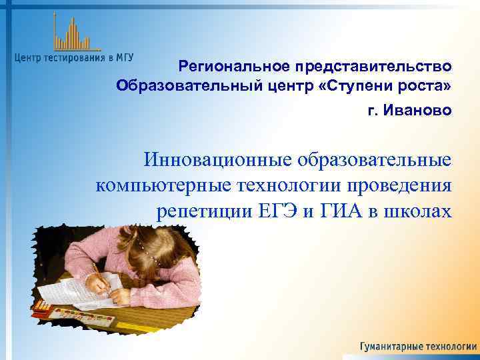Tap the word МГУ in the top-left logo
(x=124, y=57)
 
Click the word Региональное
(x=231, y=67)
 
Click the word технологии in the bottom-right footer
(x=451, y=347)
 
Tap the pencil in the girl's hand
(x=98, y=270)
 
